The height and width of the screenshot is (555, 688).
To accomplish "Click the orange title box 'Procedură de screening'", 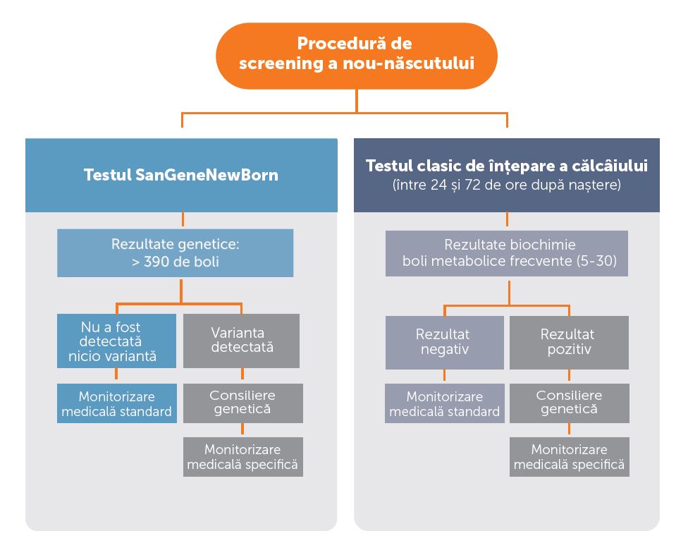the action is click(x=356, y=56).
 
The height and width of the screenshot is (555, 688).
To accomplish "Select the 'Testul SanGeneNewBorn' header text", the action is click(x=180, y=175).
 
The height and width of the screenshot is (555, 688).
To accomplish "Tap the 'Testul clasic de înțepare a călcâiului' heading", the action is click(x=507, y=166).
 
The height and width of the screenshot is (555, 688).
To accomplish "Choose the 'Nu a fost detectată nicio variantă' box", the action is click(x=117, y=341).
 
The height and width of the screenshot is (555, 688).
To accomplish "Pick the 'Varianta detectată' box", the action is click(x=241, y=341).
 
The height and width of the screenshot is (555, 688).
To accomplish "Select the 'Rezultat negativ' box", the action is click(x=445, y=343).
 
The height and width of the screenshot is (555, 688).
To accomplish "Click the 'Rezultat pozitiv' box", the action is click(x=569, y=343).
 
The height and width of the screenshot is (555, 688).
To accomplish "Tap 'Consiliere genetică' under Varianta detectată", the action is click(x=243, y=403).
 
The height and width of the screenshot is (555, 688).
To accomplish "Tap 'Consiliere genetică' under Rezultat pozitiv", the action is click(x=570, y=403).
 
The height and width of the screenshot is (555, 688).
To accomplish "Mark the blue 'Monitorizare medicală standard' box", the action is click(x=117, y=403).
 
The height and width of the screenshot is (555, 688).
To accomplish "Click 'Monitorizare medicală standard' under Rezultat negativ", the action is click(x=445, y=403).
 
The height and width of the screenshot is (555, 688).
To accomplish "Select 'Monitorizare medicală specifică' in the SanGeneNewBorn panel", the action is click(x=243, y=457).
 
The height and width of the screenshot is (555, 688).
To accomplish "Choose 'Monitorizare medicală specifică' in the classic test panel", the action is click(x=570, y=457).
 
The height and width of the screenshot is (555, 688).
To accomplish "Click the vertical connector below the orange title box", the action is click(x=356, y=101).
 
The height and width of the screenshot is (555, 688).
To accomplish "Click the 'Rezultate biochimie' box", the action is click(x=507, y=253).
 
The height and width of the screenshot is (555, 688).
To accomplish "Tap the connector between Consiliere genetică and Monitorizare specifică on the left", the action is click(x=242, y=430).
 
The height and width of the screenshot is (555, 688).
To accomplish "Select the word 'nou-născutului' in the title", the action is click(x=409, y=63).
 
